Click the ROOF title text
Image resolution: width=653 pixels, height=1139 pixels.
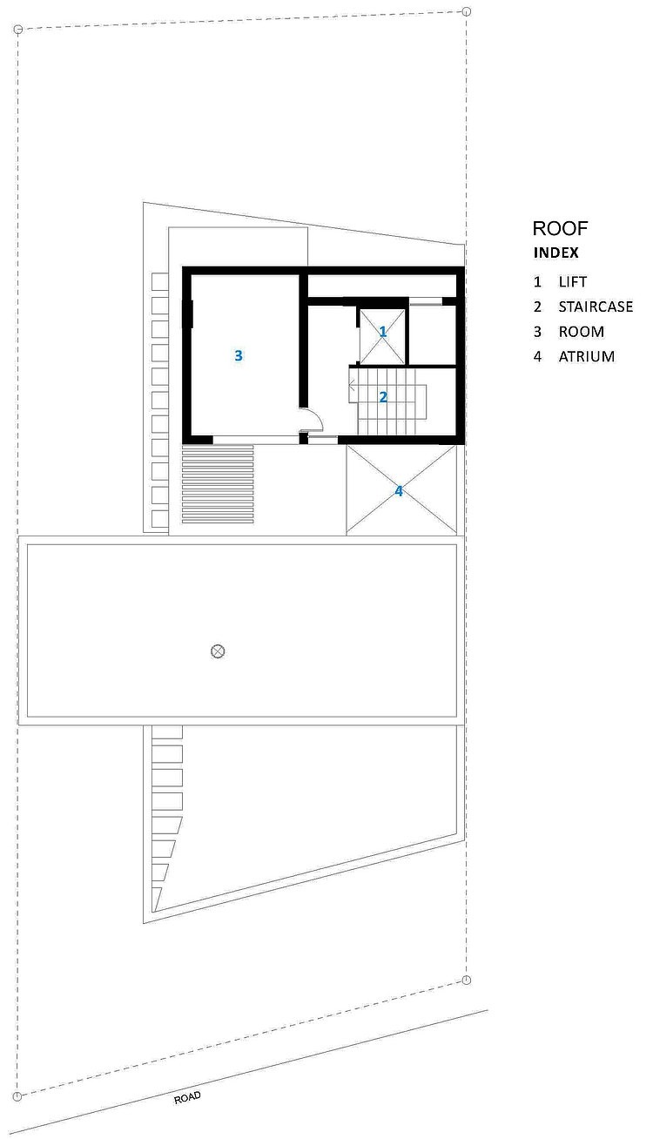click(560, 228)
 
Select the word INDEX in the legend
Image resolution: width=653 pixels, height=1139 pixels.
click(555, 253)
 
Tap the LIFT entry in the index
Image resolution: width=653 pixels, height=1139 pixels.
click(573, 281)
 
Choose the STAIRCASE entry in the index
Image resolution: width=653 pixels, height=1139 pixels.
click(596, 307)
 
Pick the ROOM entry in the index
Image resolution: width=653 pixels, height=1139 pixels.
click(582, 332)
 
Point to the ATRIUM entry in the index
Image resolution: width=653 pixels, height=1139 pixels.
click(586, 356)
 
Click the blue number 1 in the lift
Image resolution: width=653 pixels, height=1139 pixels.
click(383, 332)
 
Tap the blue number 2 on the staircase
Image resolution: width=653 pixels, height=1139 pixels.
click(383, 396)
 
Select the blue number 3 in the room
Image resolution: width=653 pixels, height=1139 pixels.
click(239, 355)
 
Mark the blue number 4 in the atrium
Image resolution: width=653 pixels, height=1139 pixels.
click(399, 491)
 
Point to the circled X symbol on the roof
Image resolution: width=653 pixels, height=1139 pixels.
click(218, 651)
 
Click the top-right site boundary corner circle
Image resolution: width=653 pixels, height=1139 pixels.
click(467, 11)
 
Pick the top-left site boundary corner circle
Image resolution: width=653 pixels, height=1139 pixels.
click(17, 30)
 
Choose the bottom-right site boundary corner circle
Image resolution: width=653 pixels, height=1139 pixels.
click(467, 981)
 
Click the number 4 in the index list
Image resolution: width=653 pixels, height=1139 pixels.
click(537, 356)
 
